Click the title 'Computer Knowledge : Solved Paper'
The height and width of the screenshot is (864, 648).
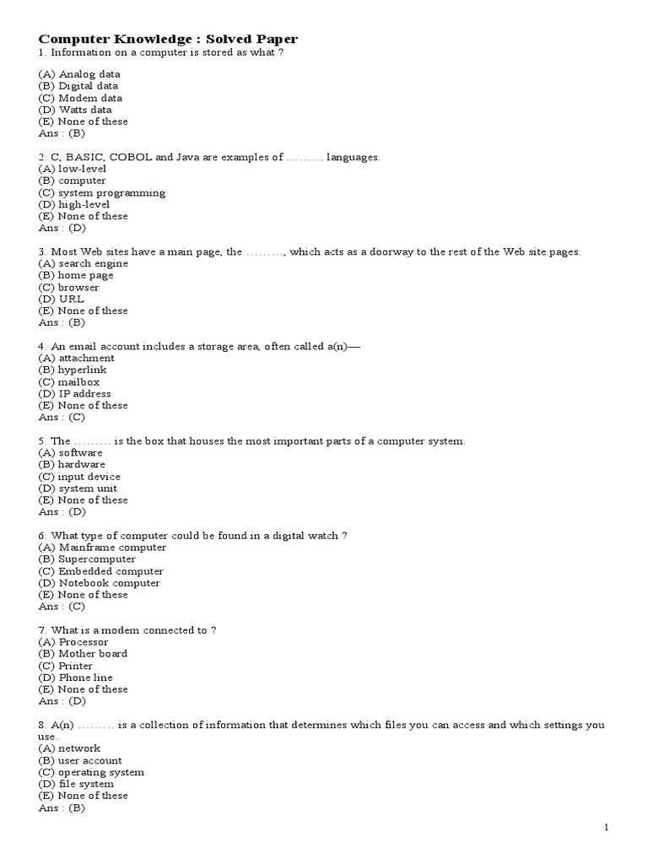168,39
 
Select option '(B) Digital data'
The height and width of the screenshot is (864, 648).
78,86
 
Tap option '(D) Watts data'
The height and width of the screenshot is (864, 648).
75,110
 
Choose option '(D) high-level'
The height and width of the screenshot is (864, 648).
74,204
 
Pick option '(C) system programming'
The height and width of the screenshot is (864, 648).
102,192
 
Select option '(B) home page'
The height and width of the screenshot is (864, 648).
76,275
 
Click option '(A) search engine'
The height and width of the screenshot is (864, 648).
83,263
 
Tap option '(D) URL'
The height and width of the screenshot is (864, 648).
62,299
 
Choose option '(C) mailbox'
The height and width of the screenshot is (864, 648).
69,381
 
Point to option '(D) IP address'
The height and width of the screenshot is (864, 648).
75,393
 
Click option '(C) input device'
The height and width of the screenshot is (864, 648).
79,477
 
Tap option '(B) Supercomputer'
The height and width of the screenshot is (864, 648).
87,559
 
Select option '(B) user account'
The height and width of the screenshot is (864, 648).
80,760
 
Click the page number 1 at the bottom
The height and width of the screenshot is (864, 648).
606,828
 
